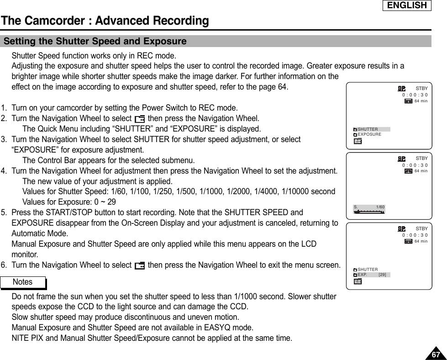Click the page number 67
[436, 355]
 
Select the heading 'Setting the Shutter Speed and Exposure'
[95, 42]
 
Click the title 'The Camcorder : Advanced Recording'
[105, 21]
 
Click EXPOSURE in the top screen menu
[369, 134]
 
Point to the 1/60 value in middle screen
[380, 207]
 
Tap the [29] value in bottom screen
[383, 275]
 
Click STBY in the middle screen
[421, 158]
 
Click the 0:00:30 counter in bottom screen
[415, 235]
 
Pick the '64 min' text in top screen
[421, 101]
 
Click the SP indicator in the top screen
[401, 88]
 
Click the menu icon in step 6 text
[140, 265]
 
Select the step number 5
[4, 212]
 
